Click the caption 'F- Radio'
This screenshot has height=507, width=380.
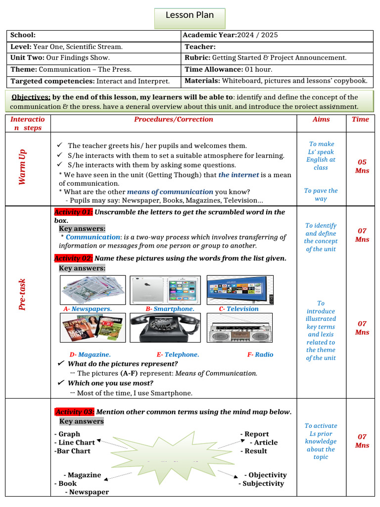260,355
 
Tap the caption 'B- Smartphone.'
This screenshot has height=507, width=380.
170,308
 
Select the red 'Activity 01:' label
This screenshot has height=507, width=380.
73,212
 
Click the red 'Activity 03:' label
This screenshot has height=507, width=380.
74,412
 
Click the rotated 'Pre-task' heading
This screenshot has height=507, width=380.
22,294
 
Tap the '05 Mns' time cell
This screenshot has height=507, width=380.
362,166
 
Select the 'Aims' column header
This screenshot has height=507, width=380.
321,119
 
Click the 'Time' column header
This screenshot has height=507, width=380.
360,119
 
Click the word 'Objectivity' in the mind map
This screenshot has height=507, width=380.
268,475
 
